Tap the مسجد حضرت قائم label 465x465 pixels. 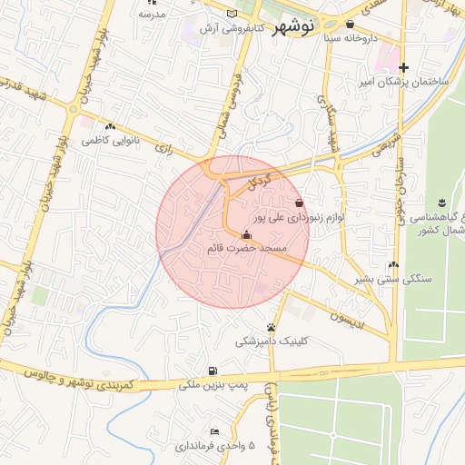pyautogui.click(x=247, y=247)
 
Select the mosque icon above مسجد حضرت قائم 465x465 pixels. pyautogui.click(x=246, y=235)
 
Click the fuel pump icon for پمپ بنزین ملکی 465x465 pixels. pyautogui.click(x=212, y=371)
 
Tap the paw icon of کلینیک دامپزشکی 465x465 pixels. pyautogui.click(x=271, y=327)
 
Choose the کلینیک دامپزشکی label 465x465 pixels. pyautogui.click(x=272, y=341)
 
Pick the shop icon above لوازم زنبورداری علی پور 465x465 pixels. pyautogui.click(x=299, y=203)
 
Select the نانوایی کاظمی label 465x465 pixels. pyautogui.click(x=109, y=142)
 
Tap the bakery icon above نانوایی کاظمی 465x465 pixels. pyautogui.click(x=110, y=127)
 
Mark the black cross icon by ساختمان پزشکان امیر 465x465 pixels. pyautogui.click(x=404, y=68)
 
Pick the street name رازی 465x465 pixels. pyautogui.click(x=164, y=147)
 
